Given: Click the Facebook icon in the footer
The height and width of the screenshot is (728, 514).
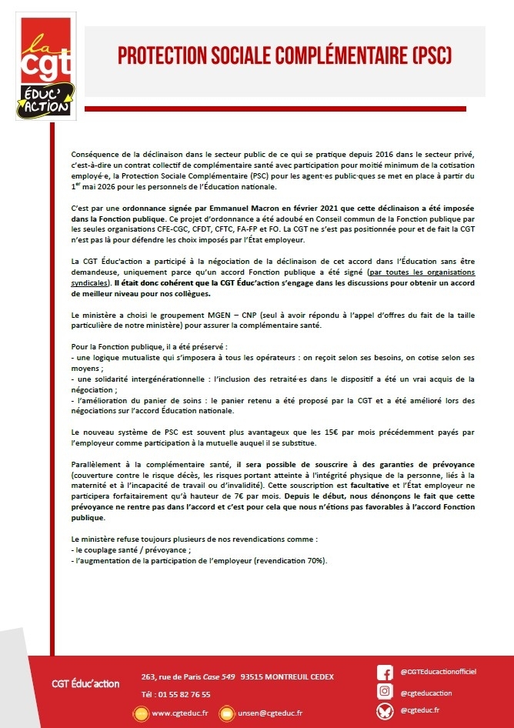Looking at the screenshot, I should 385,672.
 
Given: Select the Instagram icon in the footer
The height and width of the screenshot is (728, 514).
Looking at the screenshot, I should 385,691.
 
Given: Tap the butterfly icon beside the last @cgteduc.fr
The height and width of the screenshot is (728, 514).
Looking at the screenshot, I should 385,710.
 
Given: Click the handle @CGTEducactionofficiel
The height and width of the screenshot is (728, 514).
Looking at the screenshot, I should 439,672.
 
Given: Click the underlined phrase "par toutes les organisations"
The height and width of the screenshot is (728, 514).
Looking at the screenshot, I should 422,273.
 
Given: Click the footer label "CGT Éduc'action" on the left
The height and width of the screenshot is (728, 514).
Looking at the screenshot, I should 80,684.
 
